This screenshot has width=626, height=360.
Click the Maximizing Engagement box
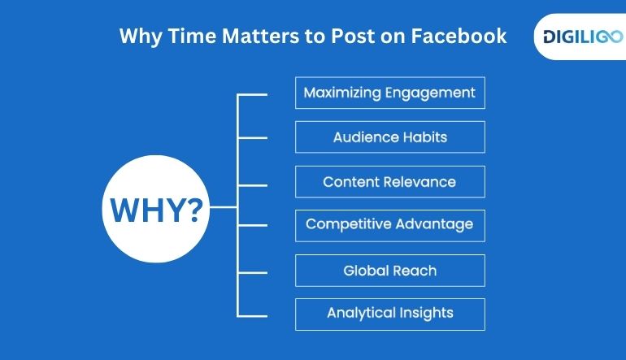click(x=389, y=93)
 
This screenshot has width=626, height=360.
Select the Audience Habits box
click(x=389, y=137)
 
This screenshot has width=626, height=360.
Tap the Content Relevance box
click(x=389, y=182)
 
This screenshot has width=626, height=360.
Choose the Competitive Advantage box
click(x=389, y=225)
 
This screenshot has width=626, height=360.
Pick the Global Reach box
click(x=389, y=270)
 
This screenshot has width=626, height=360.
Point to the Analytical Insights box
click(x=389, y=313)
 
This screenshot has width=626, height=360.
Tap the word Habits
click(x=423, y=137)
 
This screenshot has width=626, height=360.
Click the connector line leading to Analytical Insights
click(x=252, y=315)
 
